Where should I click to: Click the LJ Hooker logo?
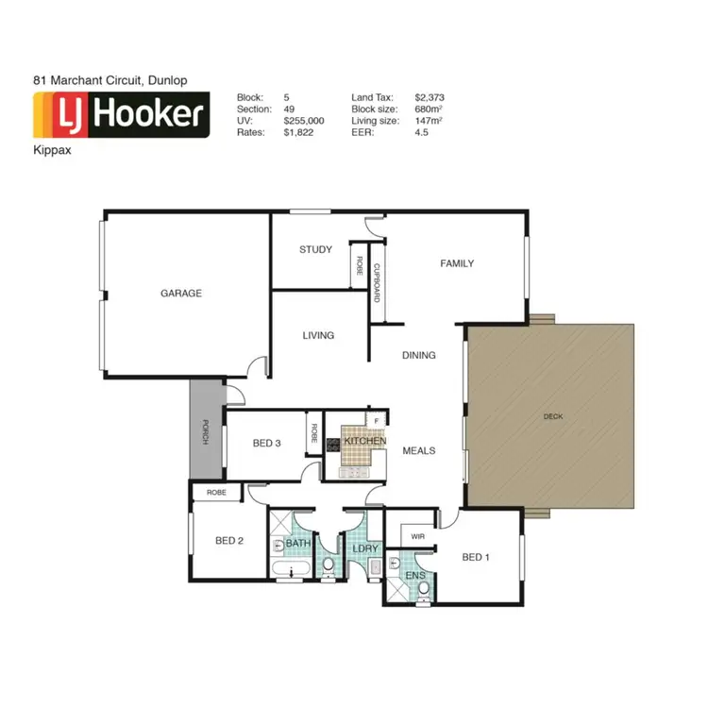click(x=121, y=116)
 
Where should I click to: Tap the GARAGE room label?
click(x=180, y=294)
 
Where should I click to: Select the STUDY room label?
click(x=315, y=250)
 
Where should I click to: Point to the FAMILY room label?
click(x=457, y=263)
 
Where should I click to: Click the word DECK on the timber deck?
click(x=553, y=416)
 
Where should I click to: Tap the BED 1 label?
click(x=477, y=558)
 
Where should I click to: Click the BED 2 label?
click(x=229, y=541)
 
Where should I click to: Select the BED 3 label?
click(x=266, y=444)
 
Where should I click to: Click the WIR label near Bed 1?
click(x=417, y=537)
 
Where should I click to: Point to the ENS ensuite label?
click(x=414, y=575)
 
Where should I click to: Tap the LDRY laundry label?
click(x=364, y=548)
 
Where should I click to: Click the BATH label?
click(x=298, y=544)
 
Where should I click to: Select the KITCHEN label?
click(x=365, y=442)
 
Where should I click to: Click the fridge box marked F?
click(x=377, y=419)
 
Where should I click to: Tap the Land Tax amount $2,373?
click(x=429, y=97)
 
